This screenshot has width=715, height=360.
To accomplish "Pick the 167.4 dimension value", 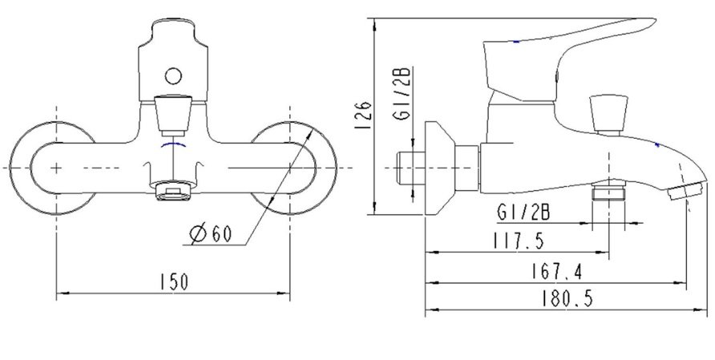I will tap(555, 271).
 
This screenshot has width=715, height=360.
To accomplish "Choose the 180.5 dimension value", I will tap(565, 299).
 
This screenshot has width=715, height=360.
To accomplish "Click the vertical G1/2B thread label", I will tap(404, 94).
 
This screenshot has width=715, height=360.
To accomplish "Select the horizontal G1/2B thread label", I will tap(523, 213).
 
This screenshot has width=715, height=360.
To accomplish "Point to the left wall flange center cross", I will tap(56, 167).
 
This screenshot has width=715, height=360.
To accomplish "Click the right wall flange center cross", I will tap(289, 167).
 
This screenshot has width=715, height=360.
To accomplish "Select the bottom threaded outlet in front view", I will tap(173, 192).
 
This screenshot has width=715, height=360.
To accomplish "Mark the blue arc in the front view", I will tap(173, 148).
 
